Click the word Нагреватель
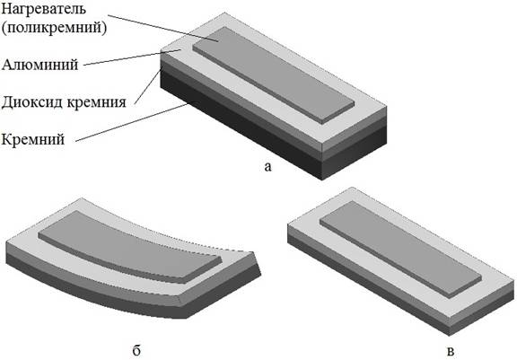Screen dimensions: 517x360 click(43, 8)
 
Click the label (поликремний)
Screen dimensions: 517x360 click(54, 28)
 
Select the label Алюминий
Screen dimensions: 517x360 click(39, 65)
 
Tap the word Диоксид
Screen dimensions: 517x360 click(31, 101)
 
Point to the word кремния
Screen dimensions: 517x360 click(96, 103)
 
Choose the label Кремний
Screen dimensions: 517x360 click(33, 140)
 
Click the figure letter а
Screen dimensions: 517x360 click(268, 167)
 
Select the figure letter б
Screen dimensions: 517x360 click(136, 350)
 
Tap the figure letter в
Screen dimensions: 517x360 click(451, 351)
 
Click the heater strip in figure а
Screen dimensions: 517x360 click(274, 75)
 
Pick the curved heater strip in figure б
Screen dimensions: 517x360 click(128, 247)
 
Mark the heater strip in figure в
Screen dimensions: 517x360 click(400, 250)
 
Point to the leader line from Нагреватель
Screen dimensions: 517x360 click(163, 28)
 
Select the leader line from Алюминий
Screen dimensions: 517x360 click(132, 57)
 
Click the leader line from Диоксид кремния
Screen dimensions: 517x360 click(149, 85)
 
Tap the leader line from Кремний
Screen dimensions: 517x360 click(133, 122)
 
